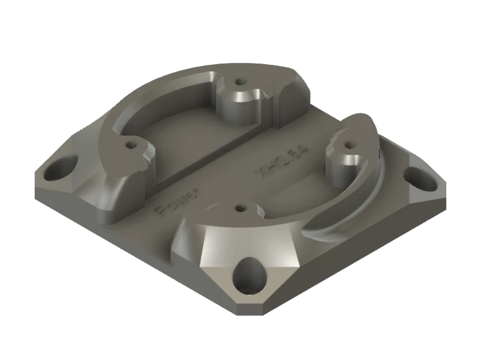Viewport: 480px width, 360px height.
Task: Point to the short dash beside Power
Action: (x=211, y=207)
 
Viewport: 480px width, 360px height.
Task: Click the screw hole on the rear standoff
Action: (x=239, y=83)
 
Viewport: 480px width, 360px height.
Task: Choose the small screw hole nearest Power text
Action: (x=240, y=208)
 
